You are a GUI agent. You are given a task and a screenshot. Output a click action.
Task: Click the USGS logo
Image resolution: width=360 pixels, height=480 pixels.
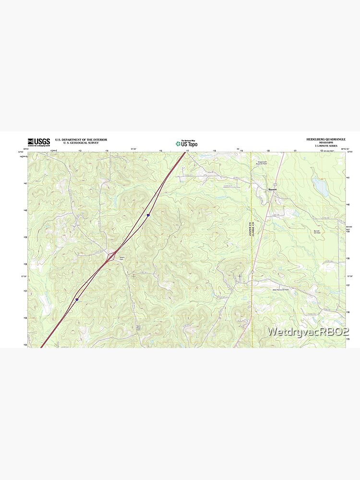[x=39, y=142]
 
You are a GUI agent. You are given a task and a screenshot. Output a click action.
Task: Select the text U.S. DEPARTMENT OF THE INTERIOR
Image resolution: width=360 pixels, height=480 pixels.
[x=81, y=140]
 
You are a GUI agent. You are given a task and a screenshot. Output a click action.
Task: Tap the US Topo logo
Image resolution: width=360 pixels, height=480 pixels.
[x=186, y=143]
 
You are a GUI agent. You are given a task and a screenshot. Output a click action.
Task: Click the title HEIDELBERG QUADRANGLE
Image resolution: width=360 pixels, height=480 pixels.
[x=326, y=139]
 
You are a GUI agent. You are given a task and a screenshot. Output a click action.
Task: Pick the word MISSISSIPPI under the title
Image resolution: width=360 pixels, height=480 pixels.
[x=326, y=143]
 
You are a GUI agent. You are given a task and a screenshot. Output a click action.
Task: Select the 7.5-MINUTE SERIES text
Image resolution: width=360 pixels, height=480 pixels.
[x=326, y=145]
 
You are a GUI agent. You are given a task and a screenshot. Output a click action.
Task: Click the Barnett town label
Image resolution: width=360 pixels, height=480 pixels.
[x=273, y=190]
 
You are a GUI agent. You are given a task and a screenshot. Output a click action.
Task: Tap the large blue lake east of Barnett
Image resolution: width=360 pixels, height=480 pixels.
[x=320, y=186]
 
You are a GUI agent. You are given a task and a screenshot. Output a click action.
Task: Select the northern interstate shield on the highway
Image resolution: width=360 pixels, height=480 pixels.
[x=148, y=216]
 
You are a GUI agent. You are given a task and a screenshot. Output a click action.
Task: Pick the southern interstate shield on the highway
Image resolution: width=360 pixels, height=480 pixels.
[x=76, y=299]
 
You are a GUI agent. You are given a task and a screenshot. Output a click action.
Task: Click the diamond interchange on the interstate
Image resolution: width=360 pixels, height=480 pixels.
[x=112, y=256]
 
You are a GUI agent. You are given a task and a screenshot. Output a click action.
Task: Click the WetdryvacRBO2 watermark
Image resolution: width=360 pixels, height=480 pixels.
[x=308, y=332]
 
